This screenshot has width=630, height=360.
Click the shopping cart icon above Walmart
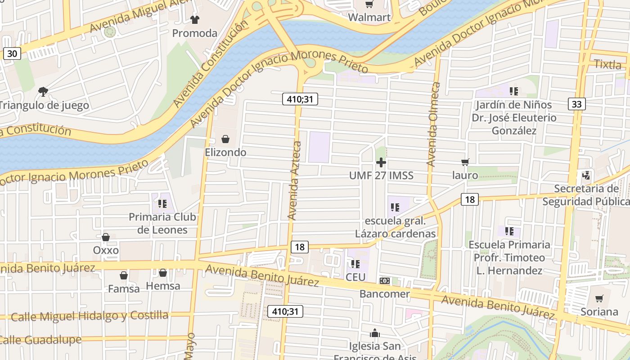(x=369, y=4)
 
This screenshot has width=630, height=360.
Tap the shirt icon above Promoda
(x=194, y=19)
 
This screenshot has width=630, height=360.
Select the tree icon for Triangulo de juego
(x=43, y=92)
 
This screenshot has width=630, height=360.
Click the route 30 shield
(x=12, y=54)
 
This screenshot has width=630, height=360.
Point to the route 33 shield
(x=576, y=104)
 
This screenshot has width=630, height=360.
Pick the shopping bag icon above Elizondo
(x=225, y=139)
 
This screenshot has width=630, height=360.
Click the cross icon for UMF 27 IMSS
(x=381, y=162)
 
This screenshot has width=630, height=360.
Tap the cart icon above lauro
(x=465, y=162)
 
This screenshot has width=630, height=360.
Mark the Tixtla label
(x=607, y=64)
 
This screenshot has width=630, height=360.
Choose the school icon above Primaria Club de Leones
(x=162, y=204)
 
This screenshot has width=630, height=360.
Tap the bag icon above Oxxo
(x=106, y=237)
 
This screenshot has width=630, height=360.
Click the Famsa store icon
(x=124, y=275)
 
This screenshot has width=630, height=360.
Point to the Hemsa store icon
(x=163, y=273)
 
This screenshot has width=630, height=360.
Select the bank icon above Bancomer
(x=384, y=281)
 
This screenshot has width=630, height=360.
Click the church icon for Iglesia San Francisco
(x=374, y=333)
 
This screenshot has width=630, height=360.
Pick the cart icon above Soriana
(x=599, y=299)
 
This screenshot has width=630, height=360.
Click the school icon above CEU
(x=355, y=264)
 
